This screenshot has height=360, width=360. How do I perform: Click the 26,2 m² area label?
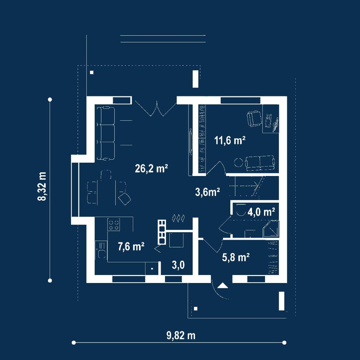(x=151, y=169)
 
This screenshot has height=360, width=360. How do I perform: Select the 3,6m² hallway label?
(x=207, y=192)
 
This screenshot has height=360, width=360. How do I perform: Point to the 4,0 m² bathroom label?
(x=261, y=212)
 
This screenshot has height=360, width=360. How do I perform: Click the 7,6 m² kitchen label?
(x=131, y=247)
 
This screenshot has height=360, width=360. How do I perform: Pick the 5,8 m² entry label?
(x=236, y=257)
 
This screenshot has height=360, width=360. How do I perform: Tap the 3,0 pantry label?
(x=178, y=265)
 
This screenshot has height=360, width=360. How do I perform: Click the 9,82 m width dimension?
(x=181, y=335)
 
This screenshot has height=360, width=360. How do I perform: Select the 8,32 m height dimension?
(x=42, y=186)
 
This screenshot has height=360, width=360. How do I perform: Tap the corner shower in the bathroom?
(x=271, y=229)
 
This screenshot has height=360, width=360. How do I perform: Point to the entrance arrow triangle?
(x=223, y=286)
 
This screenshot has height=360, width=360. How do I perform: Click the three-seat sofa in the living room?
(x=106, y=133)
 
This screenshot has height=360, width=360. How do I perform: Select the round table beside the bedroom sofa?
(x=239, y=162)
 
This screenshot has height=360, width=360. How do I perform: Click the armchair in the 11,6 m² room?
(x=254, y=118)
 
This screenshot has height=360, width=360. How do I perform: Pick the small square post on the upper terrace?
(x=92, y=72)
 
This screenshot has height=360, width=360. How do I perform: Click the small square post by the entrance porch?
(x=196, y=309)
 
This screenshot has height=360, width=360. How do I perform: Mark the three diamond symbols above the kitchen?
(x=178, y=218)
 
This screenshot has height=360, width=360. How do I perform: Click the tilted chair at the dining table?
(x=125, y=199)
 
